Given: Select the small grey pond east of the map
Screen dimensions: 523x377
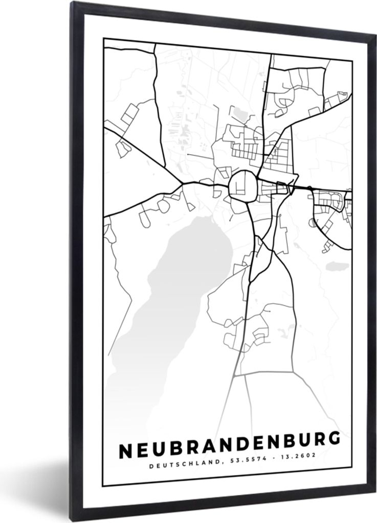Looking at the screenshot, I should click(x=338, y=266).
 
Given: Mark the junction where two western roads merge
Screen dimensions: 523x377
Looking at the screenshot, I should click(x=182, y=182).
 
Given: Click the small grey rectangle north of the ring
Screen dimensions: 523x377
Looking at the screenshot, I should click(x=238, y=113).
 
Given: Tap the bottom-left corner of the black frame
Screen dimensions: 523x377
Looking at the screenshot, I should click(x=77, y=519).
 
